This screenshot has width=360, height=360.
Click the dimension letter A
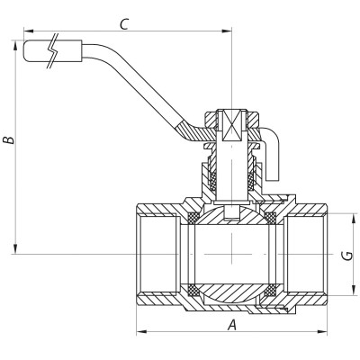pos(232,326)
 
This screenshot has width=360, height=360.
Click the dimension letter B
pos(8,140)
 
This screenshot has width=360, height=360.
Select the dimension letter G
pos(346,256)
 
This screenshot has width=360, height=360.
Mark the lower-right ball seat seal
pos(272,291)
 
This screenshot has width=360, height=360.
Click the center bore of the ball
pos(231,255)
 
